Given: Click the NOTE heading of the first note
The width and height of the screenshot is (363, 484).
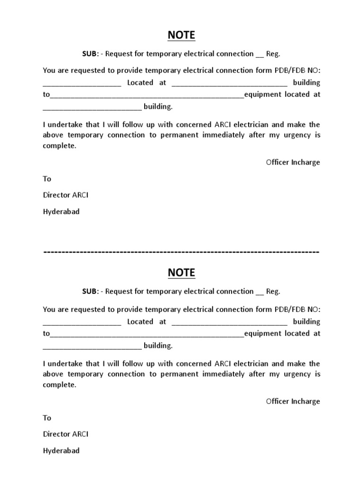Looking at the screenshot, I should (181, 35).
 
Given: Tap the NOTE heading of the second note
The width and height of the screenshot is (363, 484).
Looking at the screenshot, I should (181, 273).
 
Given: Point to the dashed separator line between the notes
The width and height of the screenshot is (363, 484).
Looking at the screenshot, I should (181, 252).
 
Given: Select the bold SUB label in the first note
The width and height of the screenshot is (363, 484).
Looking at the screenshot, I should (90, 54).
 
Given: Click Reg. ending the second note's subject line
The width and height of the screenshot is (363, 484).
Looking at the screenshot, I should (273, 291).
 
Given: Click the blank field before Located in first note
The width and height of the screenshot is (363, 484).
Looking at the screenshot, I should (82, 83).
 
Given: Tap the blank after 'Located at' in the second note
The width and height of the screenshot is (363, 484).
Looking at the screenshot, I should (229, 322).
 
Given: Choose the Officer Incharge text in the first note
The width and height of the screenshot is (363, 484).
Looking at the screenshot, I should (293, 162).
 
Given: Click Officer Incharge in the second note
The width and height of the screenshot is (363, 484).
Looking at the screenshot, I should (293, 401).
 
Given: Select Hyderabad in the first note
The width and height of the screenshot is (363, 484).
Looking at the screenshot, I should (61, 211).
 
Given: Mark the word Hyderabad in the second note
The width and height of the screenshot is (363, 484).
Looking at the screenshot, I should (61, 450).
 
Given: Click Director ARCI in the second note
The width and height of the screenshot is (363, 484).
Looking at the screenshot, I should (66, 434).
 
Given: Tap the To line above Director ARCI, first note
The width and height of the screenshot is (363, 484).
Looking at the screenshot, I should (47, 179).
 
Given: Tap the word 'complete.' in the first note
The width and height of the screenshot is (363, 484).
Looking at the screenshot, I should (59, 146).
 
